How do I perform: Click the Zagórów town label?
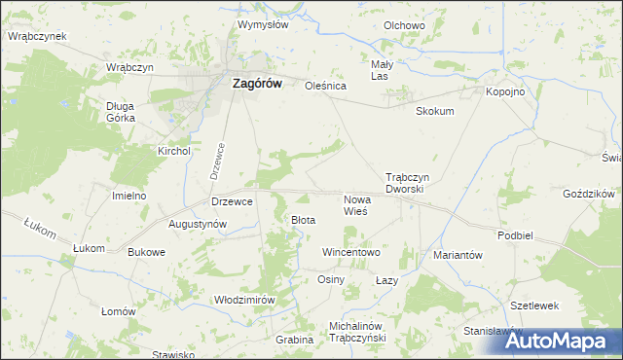[x=257, y=84]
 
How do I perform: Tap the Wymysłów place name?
[x=263, y=24]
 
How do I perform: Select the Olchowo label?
[x=404, y=25]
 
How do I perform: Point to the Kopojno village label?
[x=505, y=90]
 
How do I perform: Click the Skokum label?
[x=435, y=111]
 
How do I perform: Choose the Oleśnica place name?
[x=326, y=86]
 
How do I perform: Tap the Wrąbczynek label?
[x=36, y=36]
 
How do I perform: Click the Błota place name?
[x=304, y=220]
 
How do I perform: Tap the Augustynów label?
[x=198, y=224]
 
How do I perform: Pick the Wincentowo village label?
[x=351, y=252]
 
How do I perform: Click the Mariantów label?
[x=458, y=255]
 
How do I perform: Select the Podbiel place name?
[x=515, y=235]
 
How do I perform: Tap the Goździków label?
[x=587, y=195]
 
